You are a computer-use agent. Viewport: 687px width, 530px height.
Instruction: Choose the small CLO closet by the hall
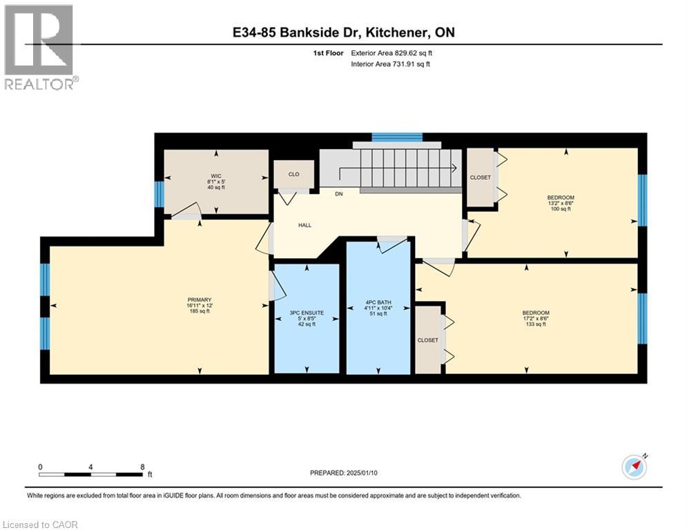click(x=293, y=174)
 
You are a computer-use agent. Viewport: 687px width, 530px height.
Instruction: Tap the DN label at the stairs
click(x=338, y=194)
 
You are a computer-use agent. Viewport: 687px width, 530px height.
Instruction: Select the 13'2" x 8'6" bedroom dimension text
click(x=559, y=203)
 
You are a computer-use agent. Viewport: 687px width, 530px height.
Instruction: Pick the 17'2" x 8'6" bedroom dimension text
click(x=535, y=318)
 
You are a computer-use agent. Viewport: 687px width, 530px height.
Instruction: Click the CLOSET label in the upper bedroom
click(x=480, y=177)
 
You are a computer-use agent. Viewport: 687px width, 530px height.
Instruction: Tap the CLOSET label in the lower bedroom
click(x=427, y=340)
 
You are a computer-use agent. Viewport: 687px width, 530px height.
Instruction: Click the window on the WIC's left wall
click(x=159, y=194)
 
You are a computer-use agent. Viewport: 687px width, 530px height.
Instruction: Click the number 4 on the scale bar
click(x=91, y=467)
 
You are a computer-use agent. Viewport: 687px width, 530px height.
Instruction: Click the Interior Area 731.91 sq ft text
click(x=392, y=64)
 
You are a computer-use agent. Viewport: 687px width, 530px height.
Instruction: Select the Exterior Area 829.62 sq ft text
click(x=392, y=52)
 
